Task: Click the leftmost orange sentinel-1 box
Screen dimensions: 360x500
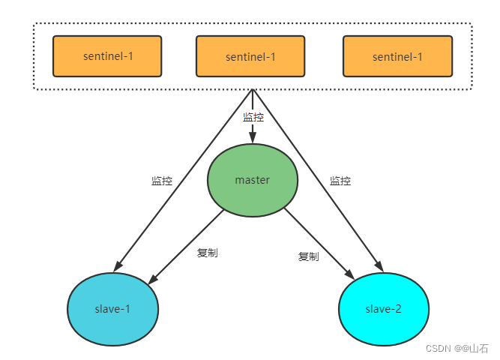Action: pyautogui.click(x=107, y=55)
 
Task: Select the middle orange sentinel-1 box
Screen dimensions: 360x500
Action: pyautogui.click(x=250, y=55)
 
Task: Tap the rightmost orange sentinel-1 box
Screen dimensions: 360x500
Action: pyautogui.click(x=397, y=55)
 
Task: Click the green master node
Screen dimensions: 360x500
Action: pyautogui.click(x=252, y=180)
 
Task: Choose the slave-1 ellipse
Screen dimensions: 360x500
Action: pyautogui.click(x=112, y=310)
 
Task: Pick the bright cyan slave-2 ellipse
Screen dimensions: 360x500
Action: pyautogui.click(x=385, y=310)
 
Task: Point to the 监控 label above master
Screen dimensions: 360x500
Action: pyautogui.click(x=253, y=117)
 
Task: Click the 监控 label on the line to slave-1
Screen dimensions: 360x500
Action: pyautogui.click(x=162, y=181)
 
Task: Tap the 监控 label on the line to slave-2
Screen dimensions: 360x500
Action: pyautogui.click(x=340, y=181)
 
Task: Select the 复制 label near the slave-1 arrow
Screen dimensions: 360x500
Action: pyautogui.click(x=208, y=253)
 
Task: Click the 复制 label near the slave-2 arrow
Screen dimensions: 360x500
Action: pyautogui.click(x=308, y=256)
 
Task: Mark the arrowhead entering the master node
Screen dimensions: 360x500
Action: pyautogui.click(x=253, y=137)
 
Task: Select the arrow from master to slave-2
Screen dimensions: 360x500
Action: pyautogui.click(x=319, y=244)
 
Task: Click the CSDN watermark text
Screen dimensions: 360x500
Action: pyautogui.click(x=457, y=348)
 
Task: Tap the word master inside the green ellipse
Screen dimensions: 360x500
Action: pyautogui.click(x=252, y=180)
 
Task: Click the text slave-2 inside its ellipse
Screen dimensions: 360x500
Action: pyautogui.click(x=385, y=310)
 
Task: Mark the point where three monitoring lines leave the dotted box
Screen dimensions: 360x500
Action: pyautogui.click(x=253, y=90)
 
